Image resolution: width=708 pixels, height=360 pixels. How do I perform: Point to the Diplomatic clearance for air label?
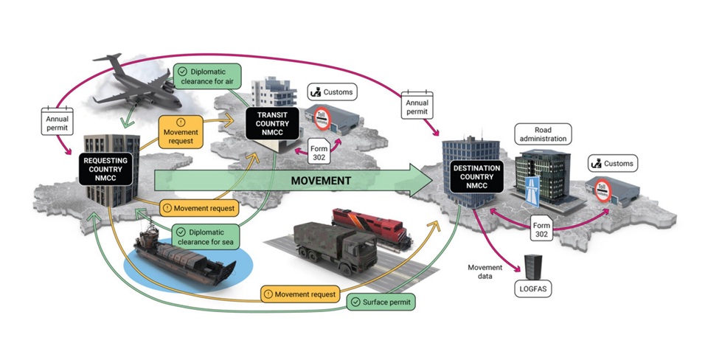209,75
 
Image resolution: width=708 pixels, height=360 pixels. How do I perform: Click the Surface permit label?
381,302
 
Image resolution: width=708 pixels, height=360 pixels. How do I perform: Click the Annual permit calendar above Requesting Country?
58,120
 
